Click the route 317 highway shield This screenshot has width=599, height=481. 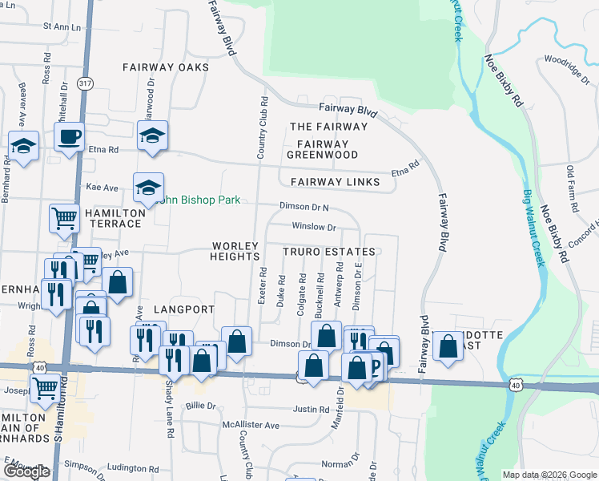(86, 83)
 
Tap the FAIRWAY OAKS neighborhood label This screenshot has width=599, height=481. (166, 67)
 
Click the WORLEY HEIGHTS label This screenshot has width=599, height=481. (236, 251)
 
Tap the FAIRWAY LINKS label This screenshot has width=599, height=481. (335, 182)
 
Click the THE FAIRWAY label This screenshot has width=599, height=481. (328, 127)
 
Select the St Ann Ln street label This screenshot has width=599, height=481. (62, 26)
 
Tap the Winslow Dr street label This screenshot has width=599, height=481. (312, 227)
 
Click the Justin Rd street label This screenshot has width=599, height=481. (311, 410)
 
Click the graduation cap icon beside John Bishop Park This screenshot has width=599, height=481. (148, 188)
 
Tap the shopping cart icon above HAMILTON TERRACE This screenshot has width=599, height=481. (64, 216)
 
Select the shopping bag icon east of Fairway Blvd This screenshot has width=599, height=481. (448, 346)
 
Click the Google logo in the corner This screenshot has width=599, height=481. (26, 471)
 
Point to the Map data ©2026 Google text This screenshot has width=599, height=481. (549, 474)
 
